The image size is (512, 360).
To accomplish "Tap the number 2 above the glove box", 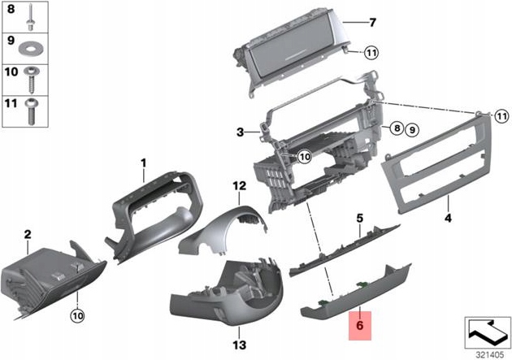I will tap(27, 235).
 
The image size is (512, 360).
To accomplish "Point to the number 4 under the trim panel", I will tap(447, 219).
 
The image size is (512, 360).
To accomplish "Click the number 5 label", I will tap(358, 218).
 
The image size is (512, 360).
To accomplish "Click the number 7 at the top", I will tap(373, 22).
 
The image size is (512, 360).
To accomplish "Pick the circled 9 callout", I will tap(411, 128).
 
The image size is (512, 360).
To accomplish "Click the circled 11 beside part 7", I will tap(371, 54).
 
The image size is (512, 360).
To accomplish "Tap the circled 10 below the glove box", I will tap(77, 314).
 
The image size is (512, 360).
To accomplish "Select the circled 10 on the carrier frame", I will tap(303, 156).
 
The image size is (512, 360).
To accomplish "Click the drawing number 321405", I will tap(485, 353).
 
